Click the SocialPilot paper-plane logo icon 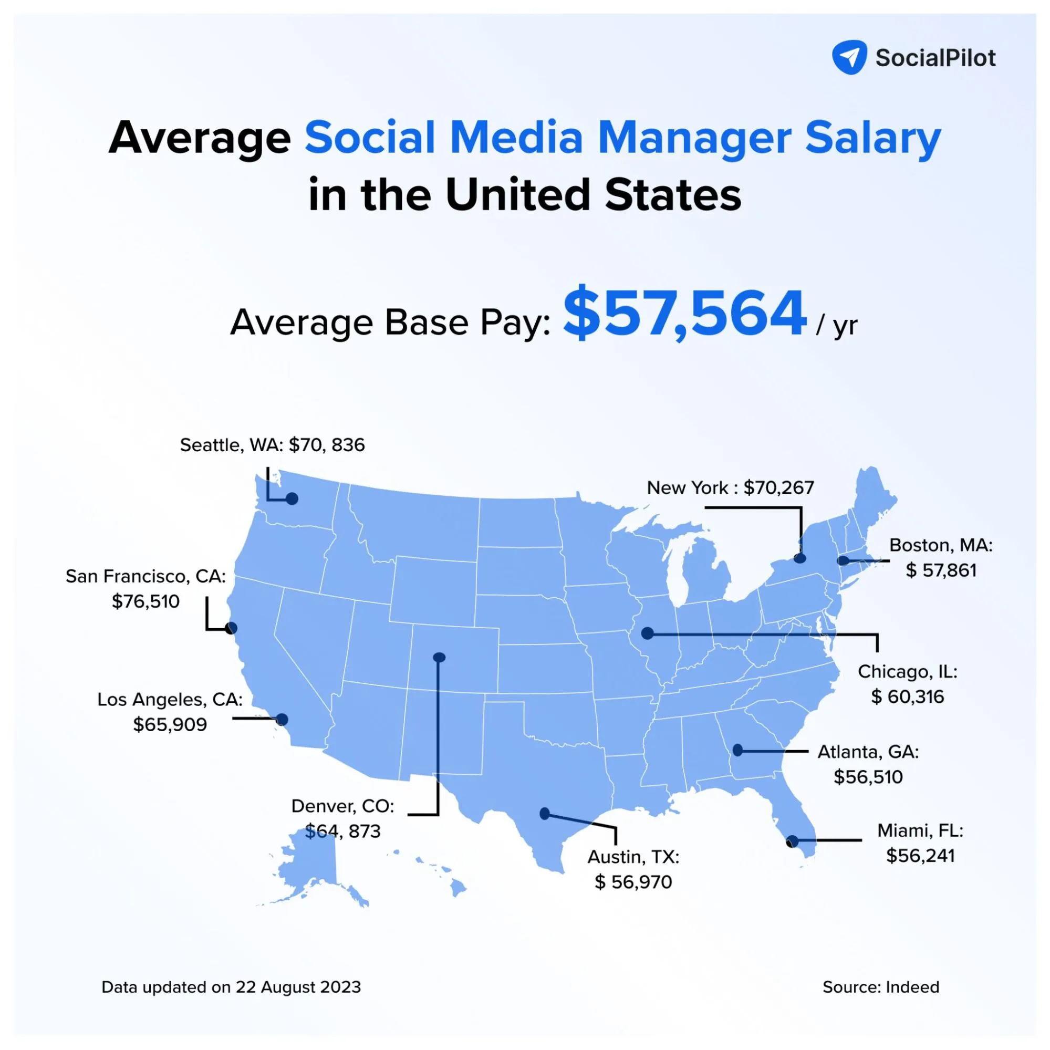click(849, 57)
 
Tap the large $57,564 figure click(684, 314)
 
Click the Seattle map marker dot click(293, 498)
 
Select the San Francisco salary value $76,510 click(145, 601)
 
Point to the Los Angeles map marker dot click(282, 720)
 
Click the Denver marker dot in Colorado click(439, 658)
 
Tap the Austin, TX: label click(633, 857)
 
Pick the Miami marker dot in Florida click(793, 841)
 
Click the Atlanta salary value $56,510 click(868, 777)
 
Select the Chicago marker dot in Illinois click(647, 633)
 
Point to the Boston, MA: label click(941, 545)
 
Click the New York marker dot click(799, 558)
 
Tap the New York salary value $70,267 click(779, 487)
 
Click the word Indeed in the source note click(912, 987)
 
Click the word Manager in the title click(694, 138)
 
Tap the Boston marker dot click(843, 560)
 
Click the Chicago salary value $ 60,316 click(907, 696)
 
